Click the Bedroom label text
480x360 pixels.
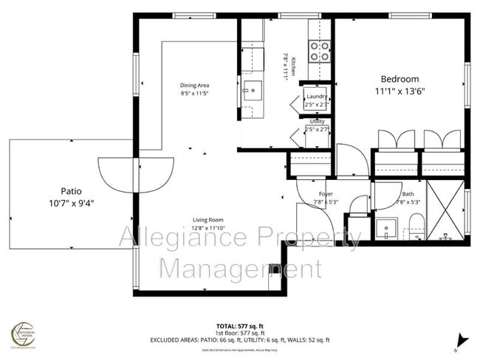(400, 79)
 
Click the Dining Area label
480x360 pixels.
(195, 86)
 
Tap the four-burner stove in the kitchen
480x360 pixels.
(318, 51)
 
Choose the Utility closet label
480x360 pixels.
(317, 122)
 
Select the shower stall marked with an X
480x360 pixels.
(446, 210)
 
